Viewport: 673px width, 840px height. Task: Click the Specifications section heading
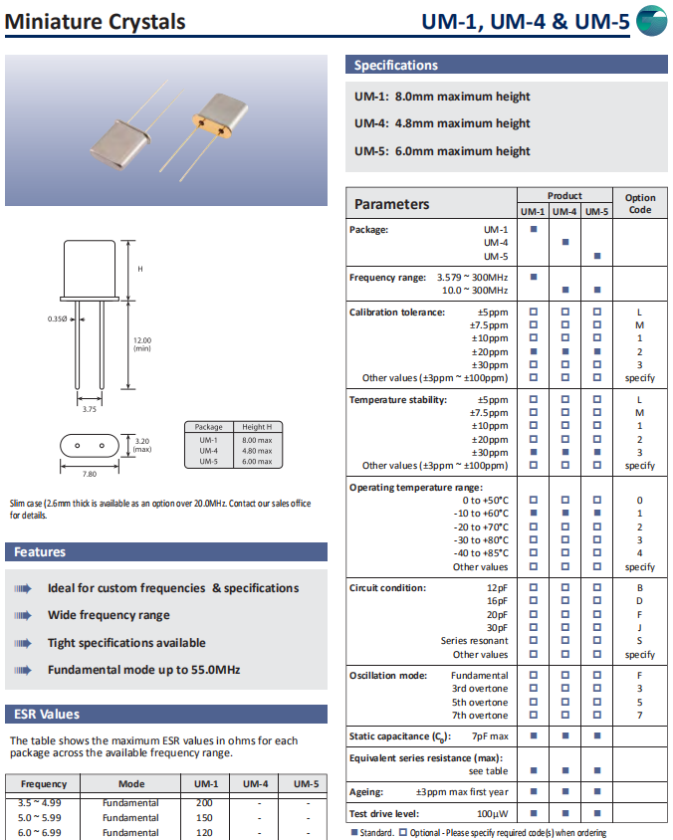pyautogui.click(x=396, y=66)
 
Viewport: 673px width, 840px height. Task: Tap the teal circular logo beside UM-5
pyautogui.click(x=651, y=20)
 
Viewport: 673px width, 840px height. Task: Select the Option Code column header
pyautogui.click(x=639, y=203)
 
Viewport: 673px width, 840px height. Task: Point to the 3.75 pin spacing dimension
pyautogui.click(x=89, y=408)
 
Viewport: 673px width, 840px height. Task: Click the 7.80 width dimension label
pyautogui.click(x=89, y=474)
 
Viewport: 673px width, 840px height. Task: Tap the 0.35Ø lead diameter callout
pyautogui.click(x=58, y=318)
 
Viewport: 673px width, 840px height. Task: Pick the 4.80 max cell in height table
pyautogui.click(x=256, y=450)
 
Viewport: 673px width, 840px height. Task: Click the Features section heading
pyautogui.click(x=40, y=552)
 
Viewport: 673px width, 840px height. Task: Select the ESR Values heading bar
pyautogui.click(x=45, y=714)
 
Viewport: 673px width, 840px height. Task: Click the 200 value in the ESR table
pyautogui.click(x=204, y=803)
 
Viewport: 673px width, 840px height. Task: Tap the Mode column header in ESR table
pyautogui.click(x=131, y=784)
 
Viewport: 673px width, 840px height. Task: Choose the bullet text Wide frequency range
pyautogui.click(x=109, y=615)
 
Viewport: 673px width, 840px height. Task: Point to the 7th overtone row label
pyautogui.click(x=480, y=716)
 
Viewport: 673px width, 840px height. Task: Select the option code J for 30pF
pyautogui.click(x=639, y=628)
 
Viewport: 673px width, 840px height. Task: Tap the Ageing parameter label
pyautogui.click(x=365, y=792)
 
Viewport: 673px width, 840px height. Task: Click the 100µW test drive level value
pyautogui.click(x=492, y=813)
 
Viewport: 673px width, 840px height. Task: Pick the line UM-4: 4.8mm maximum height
pyautogui.click(x=442, y=123)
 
